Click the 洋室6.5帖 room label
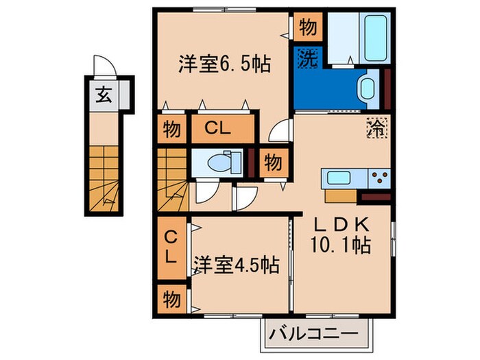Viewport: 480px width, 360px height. tap(225, 64)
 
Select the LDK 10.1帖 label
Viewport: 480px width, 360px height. tap(342, 235)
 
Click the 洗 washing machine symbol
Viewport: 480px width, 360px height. tap(307, 58)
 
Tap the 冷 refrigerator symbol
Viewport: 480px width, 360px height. tap(376, 128)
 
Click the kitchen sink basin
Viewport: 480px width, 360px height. tap(340, 178)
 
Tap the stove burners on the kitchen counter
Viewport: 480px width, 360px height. tap(378, 178)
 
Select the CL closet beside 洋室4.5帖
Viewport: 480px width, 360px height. tap(169, 249)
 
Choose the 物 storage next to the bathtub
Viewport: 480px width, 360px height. tap(307, 27)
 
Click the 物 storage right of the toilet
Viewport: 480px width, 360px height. tap(272, 163)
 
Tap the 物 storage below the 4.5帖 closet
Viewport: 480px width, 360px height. tap(169, 299)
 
